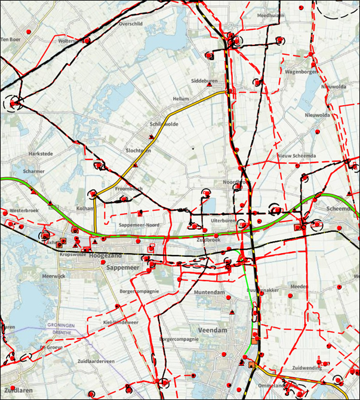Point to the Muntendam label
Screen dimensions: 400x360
pyautogui.click(x=209, y=293)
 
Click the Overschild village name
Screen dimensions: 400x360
pyautogui.click(x=131, y=24)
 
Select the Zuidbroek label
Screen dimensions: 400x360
pyautogui.click(x=208, y=239)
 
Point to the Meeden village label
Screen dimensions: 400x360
pyautogui.click(x=299, y=287)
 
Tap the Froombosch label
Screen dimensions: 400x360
pyautogui.click(x=128, y=189)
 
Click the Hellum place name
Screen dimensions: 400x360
pyautogui.click(x=180, y=99)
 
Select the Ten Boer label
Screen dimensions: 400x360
pyautogui.click(x=11, y=39)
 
